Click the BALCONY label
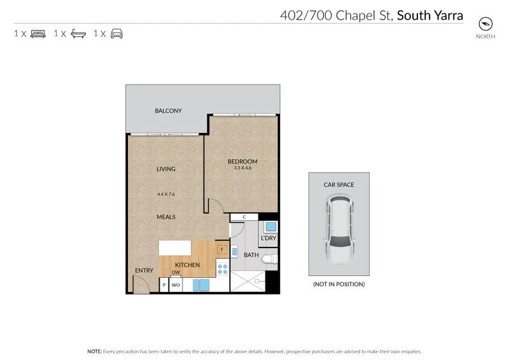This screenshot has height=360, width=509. [168, 111]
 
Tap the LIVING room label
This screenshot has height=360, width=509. [166, 169]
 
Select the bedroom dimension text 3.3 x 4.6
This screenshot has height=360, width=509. [242, 169]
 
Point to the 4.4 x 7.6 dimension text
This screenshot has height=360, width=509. [166, 195]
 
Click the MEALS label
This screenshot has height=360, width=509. [166, 217]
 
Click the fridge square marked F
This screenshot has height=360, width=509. [222, 249]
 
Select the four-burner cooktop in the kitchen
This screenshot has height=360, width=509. [222, 268]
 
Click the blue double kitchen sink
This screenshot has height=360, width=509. [200, 286]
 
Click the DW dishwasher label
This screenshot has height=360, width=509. [176, 272]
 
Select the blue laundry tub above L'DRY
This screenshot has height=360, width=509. [269, 226]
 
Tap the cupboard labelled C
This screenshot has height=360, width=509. [244, 217]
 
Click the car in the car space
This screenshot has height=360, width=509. [338, 230]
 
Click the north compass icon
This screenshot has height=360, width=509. [486, 24]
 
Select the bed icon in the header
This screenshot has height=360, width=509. [38, 33]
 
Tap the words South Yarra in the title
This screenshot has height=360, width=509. [429, 15]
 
